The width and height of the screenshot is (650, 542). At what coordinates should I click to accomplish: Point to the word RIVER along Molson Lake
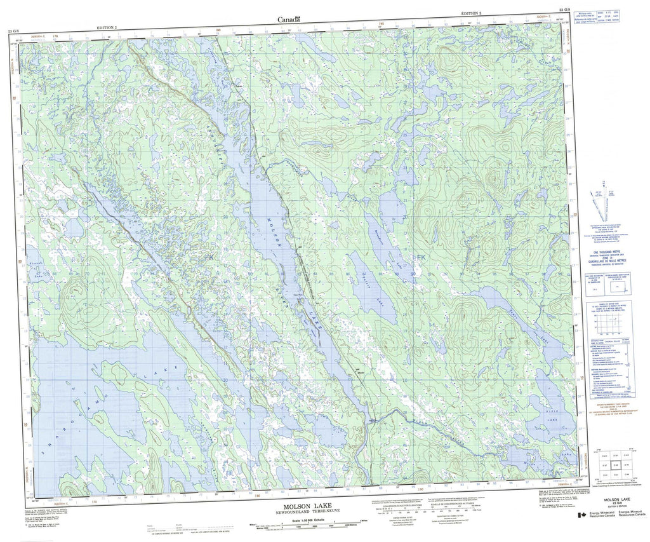pyautogui.click(x=295, y=280)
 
